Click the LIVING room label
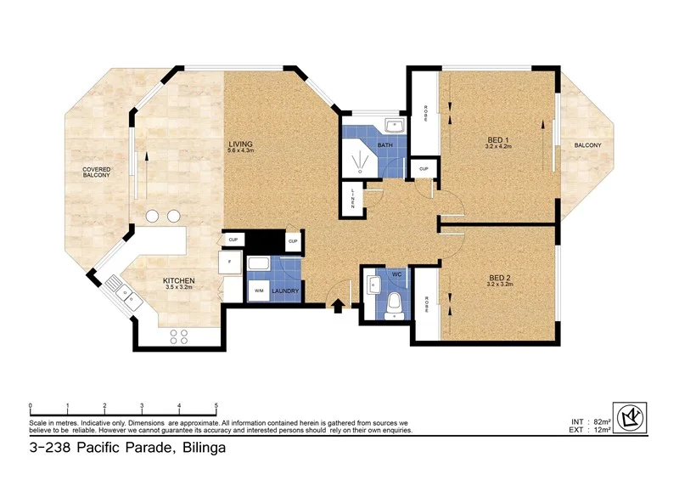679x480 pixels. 241,144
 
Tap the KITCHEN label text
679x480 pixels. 180,280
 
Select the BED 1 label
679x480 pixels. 498,139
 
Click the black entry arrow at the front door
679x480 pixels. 339,306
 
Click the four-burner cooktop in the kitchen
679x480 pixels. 179,336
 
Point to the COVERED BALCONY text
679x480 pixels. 97,172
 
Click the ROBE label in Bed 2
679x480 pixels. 425,302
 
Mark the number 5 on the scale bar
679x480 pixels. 216,405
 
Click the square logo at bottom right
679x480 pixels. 629,417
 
